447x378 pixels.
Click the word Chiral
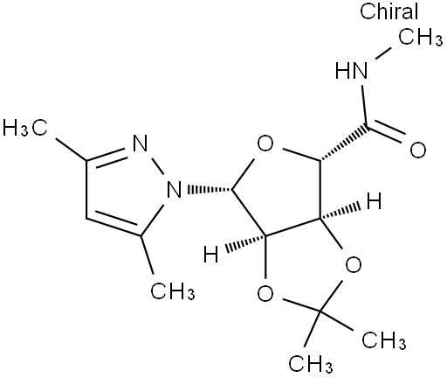(389, 11)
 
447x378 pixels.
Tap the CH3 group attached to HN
(420, 38)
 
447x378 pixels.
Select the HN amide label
(351, 71)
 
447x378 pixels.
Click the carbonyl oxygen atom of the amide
(418, 150)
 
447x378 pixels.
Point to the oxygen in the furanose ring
(265, 143)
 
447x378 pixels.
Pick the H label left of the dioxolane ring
(210, 254)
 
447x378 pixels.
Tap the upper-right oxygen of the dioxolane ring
(354, 264)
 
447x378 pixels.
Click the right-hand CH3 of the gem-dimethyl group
(384, 339)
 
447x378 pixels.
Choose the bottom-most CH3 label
(311, 363)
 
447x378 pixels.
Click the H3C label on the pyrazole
(24, 128)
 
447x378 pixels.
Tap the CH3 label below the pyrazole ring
(172, 290)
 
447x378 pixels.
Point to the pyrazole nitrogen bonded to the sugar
(174, 189)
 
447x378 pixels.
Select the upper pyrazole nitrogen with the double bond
(140, 143)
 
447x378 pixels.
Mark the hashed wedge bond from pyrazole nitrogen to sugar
(210, 190)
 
